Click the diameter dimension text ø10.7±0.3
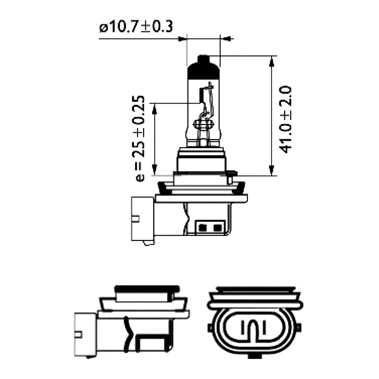point(136,27)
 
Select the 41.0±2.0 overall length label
point(285,119)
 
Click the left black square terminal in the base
point(202,228)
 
